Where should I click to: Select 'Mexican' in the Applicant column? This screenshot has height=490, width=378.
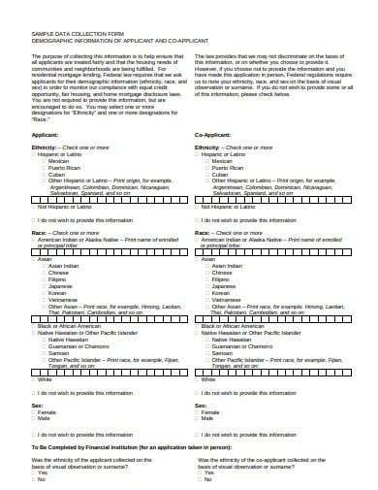click(56, 160)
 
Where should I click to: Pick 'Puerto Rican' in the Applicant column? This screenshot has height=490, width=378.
click(61, 167)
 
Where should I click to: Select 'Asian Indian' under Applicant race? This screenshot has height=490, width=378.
click(61, 266)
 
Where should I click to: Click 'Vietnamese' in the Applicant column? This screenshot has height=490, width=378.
click(60, 300)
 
